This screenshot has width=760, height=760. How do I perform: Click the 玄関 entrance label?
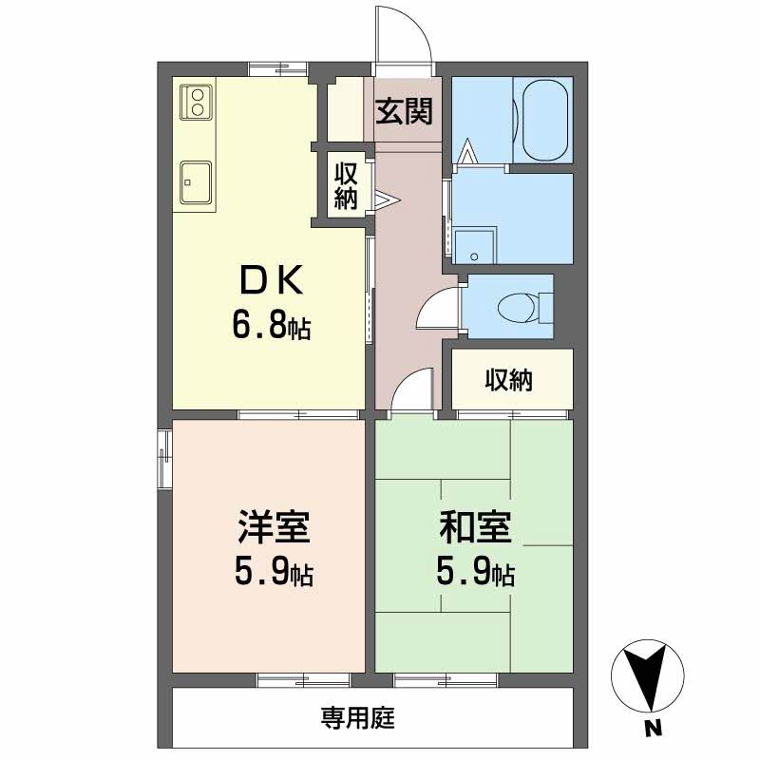[404, 112]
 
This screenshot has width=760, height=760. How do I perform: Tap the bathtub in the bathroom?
[541, 119]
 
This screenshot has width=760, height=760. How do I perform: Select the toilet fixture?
[518, 307]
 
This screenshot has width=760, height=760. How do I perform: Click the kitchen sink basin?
[197, 178]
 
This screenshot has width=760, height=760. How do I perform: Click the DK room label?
[271, 280]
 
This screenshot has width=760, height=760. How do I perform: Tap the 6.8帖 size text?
[271, 326]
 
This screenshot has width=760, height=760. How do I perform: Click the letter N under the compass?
[653, 730]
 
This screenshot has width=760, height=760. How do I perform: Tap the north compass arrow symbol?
[653, 676]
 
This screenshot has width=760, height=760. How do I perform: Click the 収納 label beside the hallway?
[345, 186]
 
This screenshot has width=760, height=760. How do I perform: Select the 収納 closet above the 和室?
[510, 380]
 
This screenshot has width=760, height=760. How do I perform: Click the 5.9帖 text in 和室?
[475, 573]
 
